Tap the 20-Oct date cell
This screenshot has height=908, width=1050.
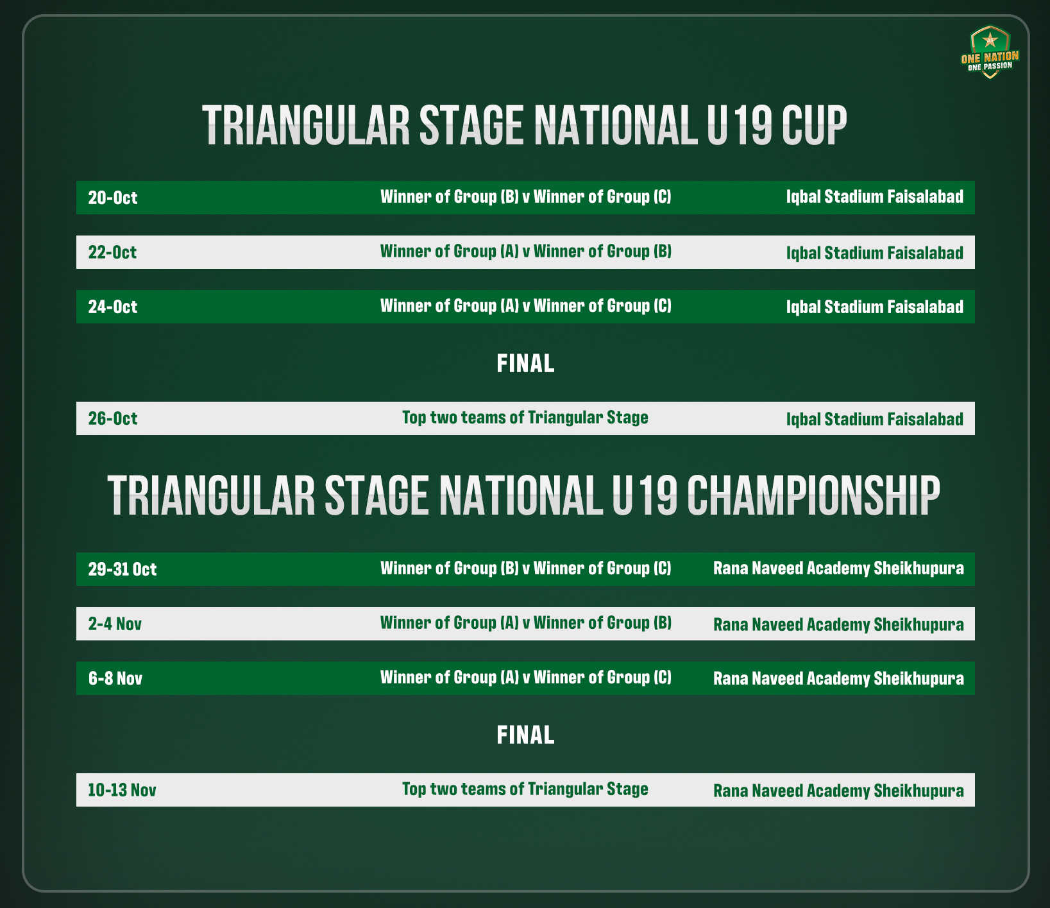tap(113, 198)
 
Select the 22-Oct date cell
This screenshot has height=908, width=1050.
tap(112, 252)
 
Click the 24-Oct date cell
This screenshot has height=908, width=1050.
tap(113, 307)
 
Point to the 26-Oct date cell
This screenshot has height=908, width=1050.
tap(113, 418)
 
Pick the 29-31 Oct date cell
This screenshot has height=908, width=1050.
tap(123, 569)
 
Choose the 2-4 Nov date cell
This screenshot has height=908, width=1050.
tap(115, 624)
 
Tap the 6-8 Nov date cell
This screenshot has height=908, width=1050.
tap(115, 678)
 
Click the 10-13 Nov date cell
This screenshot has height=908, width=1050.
tap(122, 790)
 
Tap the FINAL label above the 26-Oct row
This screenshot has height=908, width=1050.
tap(525, 364)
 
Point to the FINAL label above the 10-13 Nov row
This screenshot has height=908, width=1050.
tap(525, 735)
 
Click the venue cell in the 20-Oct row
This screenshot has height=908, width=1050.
tap(875, 197)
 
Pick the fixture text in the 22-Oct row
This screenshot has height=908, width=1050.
tap(526, 252)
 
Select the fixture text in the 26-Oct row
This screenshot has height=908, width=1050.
tap(525, 418)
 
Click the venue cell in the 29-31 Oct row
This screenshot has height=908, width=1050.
tap(838, 569)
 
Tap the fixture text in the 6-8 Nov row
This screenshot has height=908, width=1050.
tap(526, 678)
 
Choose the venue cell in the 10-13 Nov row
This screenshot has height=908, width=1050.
tap(838, 791)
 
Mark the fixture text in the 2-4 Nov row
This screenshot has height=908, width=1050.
tap(526, 623)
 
